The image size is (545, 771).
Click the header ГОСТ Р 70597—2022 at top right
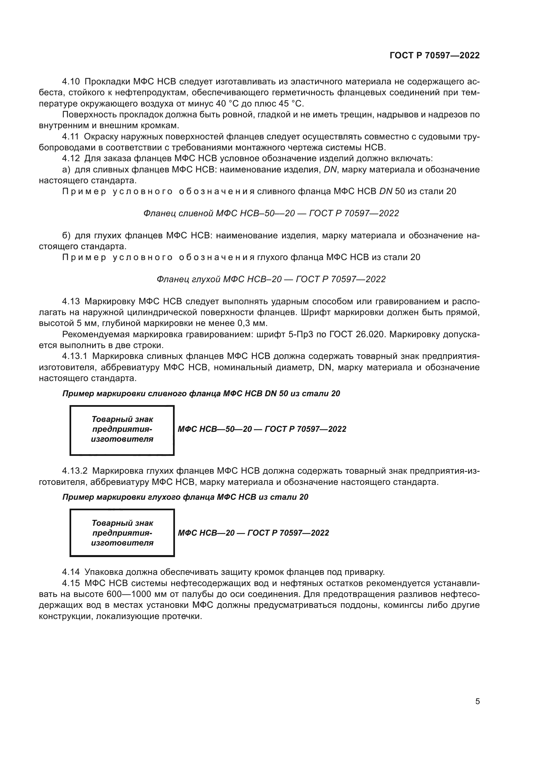point(435,55)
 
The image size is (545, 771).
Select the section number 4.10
point(71,82)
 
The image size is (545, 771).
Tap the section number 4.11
point(71,137)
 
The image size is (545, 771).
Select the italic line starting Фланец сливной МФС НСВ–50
point(271,213)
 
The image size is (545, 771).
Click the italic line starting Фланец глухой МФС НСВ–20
point(271,279)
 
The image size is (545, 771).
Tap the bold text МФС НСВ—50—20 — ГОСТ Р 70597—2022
point(262,429)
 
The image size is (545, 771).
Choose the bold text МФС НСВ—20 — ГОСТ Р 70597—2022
point(253,533)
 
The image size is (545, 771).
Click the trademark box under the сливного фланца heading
point(122,430)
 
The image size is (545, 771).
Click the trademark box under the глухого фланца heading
point(122,533)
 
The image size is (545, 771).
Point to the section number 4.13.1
point(74,356)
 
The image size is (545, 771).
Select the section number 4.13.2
point(74,471)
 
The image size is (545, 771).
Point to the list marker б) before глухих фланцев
point(67,235)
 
